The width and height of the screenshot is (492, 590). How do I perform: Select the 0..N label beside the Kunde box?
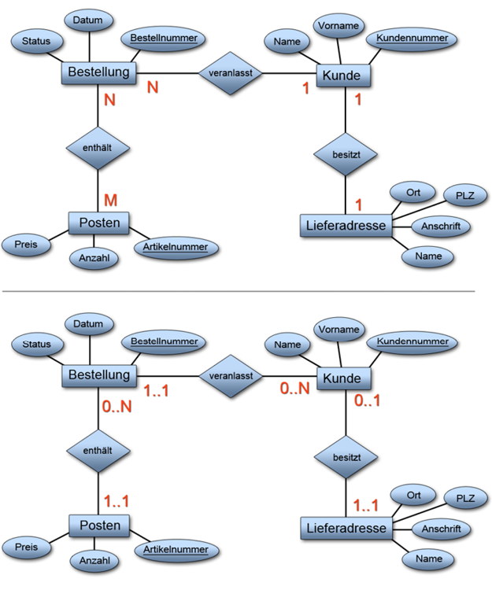coord(295,388)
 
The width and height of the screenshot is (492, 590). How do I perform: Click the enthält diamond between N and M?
coord(98,147)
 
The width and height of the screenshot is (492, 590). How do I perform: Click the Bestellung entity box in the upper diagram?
coord(98,73)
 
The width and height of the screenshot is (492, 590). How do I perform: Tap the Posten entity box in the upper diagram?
coord(98,223)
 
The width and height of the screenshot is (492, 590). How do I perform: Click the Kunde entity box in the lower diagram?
coord(342,378)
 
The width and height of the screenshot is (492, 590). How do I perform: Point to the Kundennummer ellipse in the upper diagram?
coord(411,38)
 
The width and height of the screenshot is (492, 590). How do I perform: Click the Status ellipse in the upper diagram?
coord(36,40)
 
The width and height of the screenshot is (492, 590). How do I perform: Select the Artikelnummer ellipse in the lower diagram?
coord(176,548)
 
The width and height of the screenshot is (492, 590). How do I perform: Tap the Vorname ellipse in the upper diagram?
coord(339,26)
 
